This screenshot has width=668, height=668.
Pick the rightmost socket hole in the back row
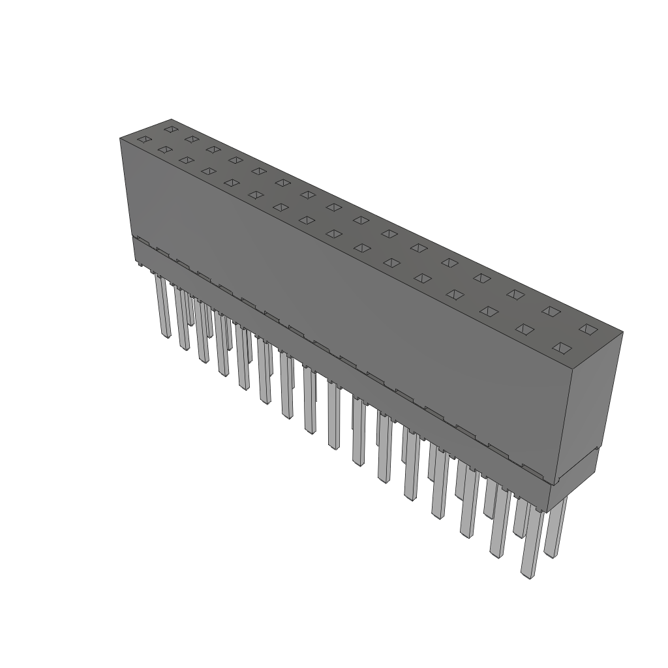[x=588, y=329]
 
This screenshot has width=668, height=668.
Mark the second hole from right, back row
[x=551, y=311]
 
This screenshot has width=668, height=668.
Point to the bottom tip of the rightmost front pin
[x=528, y=575]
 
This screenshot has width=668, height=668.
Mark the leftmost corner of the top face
[x=121, y=138]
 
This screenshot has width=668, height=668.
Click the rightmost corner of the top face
[x=622, y=333]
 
